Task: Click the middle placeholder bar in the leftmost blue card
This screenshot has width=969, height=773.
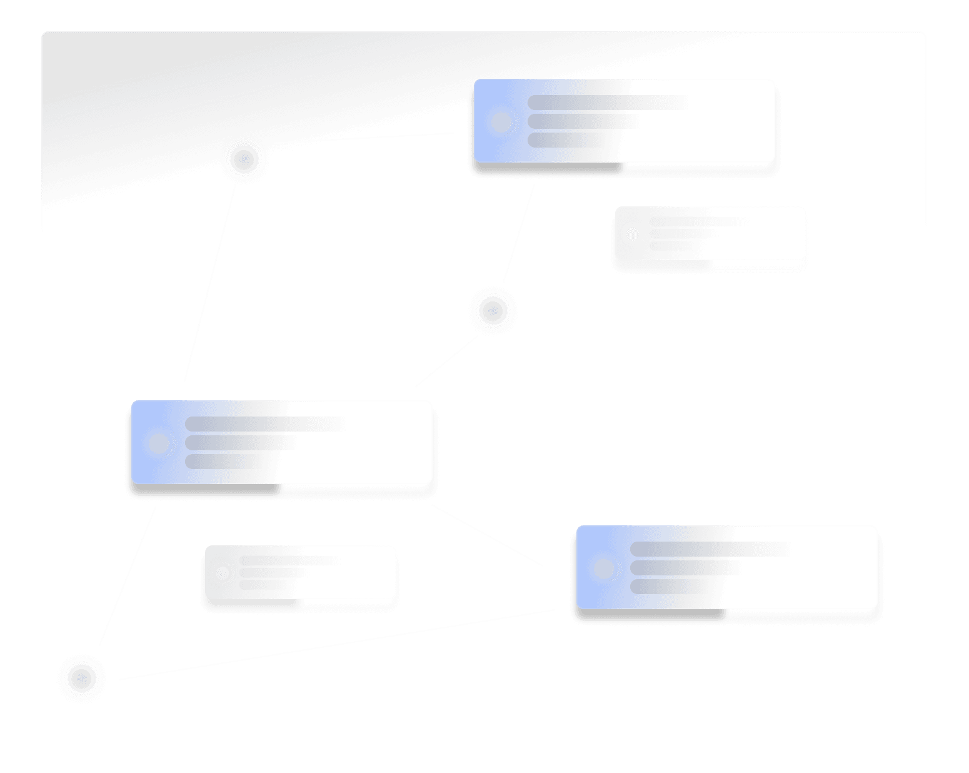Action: click(238, 443)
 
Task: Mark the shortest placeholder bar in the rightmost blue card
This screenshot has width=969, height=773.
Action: click(666, 587)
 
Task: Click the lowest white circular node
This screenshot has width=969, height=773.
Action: click(81, 679)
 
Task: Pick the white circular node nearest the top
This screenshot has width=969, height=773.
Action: click(244, 159)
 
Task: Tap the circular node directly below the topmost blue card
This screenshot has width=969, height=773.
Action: click(493, 310)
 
